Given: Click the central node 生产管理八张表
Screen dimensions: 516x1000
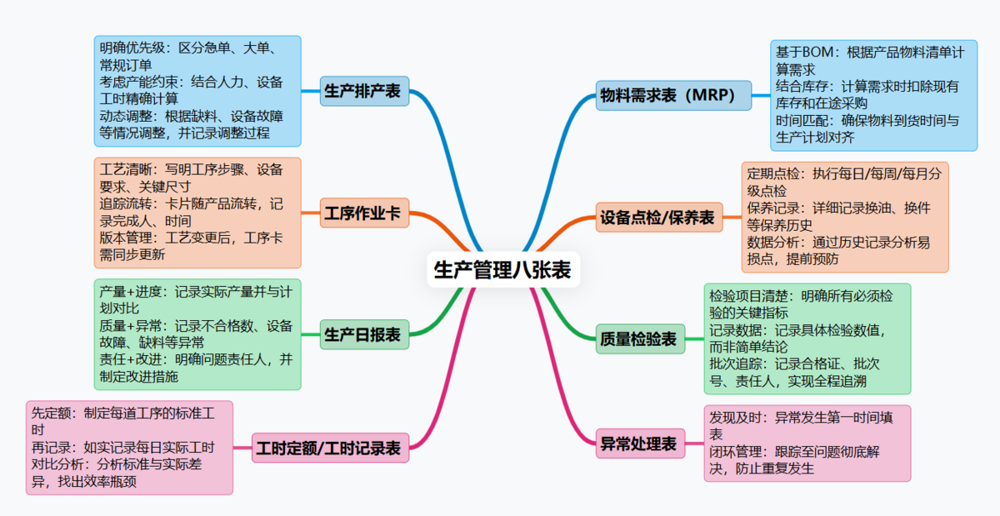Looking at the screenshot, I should click(x=502, y=269).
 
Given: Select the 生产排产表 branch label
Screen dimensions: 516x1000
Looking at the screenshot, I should click(x=362, y=91).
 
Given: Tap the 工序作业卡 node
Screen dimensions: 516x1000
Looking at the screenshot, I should click(x=362, y=214).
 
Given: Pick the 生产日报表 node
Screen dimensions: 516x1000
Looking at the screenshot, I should click(x=362, y=335).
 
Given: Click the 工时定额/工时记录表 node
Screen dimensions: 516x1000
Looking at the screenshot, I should click(x=328, y=448).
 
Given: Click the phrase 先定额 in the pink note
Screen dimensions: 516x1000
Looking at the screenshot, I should click(x=52, y=413).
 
